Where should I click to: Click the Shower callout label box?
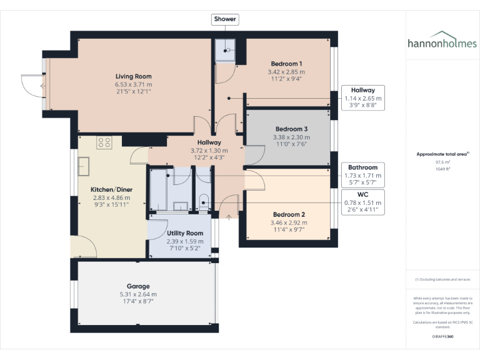coord(225,19)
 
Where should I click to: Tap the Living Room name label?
coord(133,76)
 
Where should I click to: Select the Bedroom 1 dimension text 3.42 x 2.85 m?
coord(287,72)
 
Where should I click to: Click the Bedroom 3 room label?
coord(291,129)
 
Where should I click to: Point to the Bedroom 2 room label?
coord(288,214)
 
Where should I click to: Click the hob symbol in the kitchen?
coord(104,142)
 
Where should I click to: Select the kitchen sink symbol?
coord(83,166)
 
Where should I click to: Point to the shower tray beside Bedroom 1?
coord(225,51)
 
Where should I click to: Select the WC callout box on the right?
coord(363,202)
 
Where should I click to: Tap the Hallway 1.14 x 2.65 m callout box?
coord(363,98)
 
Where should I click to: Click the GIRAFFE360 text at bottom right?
coord(442,336)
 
